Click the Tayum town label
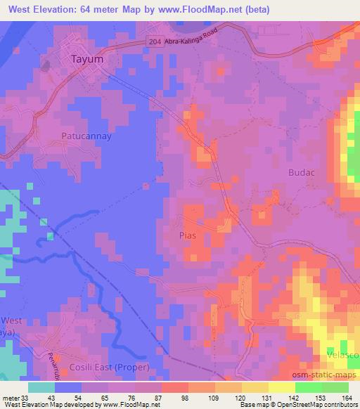pyautogui.click(x=88, y=60)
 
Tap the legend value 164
pyautogui.click(x=347, y=396)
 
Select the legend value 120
pyautogui.click(x=220, y=396)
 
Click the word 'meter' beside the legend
pyautogui.click(x=11, y=396)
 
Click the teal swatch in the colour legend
pyautogui.click(x=41, y=387)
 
